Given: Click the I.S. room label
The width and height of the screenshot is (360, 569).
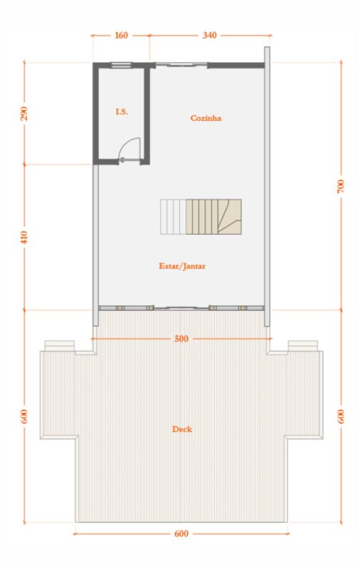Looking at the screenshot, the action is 122,112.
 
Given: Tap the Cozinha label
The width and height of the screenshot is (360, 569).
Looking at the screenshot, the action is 206,118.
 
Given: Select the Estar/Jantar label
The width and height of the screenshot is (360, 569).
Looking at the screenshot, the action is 182,266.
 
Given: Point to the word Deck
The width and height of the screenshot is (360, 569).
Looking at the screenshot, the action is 182,429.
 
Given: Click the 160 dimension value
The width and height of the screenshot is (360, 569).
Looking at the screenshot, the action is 121,35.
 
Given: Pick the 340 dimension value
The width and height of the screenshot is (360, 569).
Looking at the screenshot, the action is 210,35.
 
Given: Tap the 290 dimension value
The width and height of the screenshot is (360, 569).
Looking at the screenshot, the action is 24,114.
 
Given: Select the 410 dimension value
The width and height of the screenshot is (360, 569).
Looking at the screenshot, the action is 24,238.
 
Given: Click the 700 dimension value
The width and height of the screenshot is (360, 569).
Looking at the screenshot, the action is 340,186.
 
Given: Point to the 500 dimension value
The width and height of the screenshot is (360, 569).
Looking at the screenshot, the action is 181,339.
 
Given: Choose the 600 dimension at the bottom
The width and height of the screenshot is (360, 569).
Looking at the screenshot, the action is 181,534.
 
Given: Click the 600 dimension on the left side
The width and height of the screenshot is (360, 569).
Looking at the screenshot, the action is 24,417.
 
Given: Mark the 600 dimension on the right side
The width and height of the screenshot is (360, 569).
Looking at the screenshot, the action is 340,417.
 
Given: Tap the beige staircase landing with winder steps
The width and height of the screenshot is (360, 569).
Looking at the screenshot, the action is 229,217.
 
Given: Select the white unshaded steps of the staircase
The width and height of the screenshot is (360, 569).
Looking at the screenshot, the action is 173,217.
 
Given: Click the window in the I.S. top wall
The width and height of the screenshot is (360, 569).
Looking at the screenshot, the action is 121,65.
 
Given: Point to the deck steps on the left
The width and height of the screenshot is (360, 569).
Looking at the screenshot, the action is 60,346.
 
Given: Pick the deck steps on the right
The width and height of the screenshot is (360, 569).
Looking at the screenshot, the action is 302,346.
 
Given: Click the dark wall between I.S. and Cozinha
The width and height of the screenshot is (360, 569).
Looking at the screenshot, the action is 147,115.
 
